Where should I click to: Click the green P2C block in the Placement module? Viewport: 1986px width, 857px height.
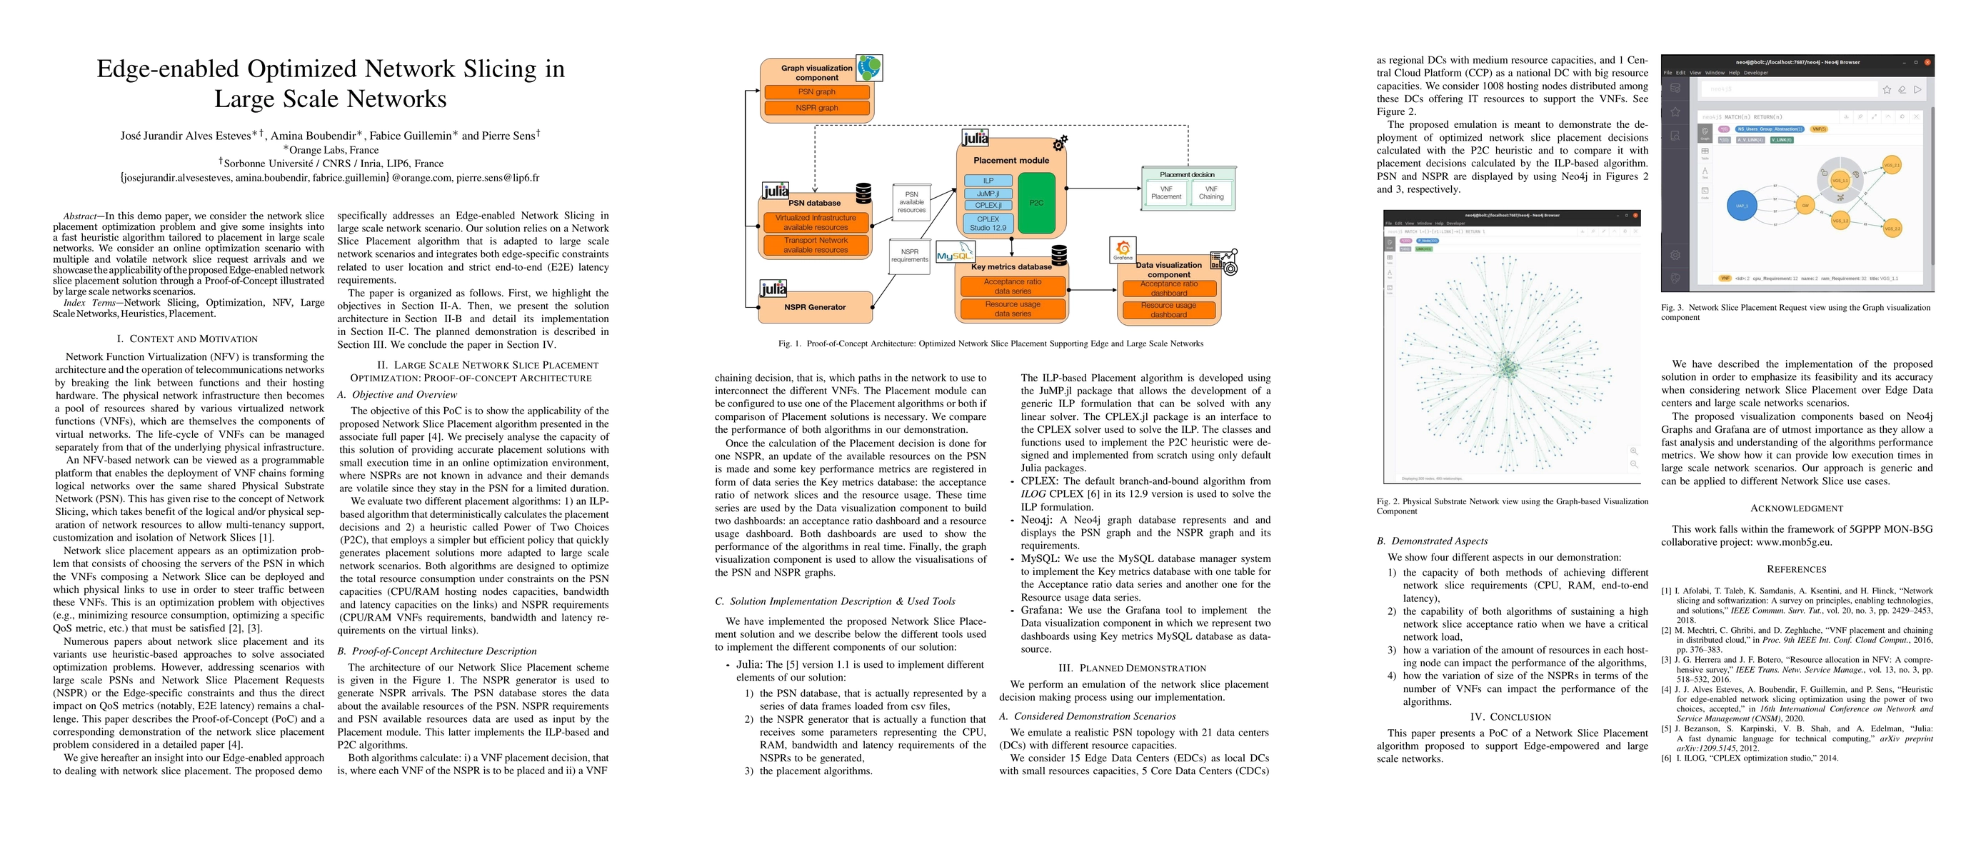pyautogui.click(x=1036, y=203)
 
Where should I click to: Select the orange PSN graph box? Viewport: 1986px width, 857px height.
pyautogui.click(x=816, y=91)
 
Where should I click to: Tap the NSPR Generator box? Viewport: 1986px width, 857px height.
pyautogui.click(x=815, y=306)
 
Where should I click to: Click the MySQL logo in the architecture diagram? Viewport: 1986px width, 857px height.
pyautogui.click(x=955, y=254)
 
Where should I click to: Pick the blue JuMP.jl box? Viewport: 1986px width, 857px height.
pyautogui.click(x=988, y=194)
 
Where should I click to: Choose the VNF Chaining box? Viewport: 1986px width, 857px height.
pyautogui.click(x=1211, y=193)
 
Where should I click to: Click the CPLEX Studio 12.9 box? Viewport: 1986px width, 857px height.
pyautogui.click(x=988, y=224)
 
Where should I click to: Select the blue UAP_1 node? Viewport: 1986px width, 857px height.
pyautogui.click(x=1741, y=206)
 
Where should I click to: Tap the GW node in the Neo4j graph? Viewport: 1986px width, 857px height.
pyautogui.click(x=1805, y=205)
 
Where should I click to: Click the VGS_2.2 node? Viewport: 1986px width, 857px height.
pyautogui.click(x=1892, y=228)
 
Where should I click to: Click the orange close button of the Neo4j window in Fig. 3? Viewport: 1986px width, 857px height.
pyautogui.click(x=1927, y=61)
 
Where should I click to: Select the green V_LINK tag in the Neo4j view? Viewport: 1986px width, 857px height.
pyautogui.click(x=1781, y=139)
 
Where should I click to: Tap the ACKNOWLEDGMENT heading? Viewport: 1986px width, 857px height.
pyautogui.click(x=1796, y=508)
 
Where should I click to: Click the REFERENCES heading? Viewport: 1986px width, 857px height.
pyautogui.click(x=1796, y=569)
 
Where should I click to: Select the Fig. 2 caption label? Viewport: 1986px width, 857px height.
pyautogui.click(x=1388, y=501)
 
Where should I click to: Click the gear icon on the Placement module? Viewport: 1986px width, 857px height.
pyautogui.click(x=1060, y=144)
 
